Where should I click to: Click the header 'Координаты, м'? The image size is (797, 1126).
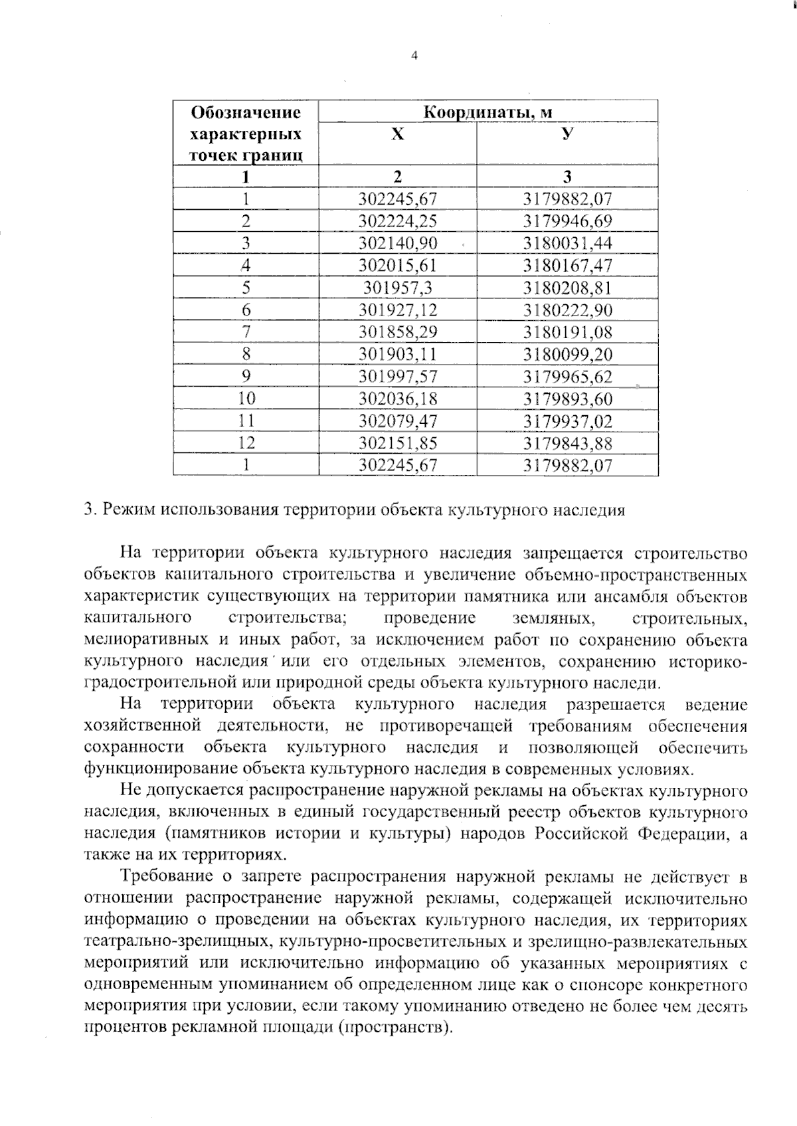pyautogui.click(x=488, y=112)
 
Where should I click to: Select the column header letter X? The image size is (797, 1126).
pyautogui.click(x=397, y=135)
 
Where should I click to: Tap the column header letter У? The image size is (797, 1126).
pyautogui.click(x=567, y=134)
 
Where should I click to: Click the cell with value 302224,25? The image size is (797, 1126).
pyautogui.click(x=398, y=221)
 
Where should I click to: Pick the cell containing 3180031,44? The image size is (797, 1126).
pyautogui.click(x=567, y=243)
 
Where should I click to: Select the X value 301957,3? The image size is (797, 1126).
pyautogui.click(x=398, y=288)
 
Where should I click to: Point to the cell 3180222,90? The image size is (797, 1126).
pyautogui.click(x=567, y=310)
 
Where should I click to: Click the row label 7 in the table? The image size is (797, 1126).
pyautogui.click(x=246, y=332)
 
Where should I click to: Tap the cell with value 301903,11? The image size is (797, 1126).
pyautogui.click(x=398, y=354)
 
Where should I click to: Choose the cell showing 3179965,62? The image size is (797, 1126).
pyautogui.click(x=567, y=377)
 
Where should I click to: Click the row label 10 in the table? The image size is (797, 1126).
pyautogui.click(x=246, y=399)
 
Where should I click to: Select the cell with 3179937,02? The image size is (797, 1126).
pyautogui.click(x=567, y=421)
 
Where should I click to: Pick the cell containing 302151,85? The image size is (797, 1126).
pyautogui.click(x=398, y=443)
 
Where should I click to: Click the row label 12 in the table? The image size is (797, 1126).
pyautogui.click(x=246, y=443)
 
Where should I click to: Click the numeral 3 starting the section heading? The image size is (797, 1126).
pyautogui.click(x=89, y=510)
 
